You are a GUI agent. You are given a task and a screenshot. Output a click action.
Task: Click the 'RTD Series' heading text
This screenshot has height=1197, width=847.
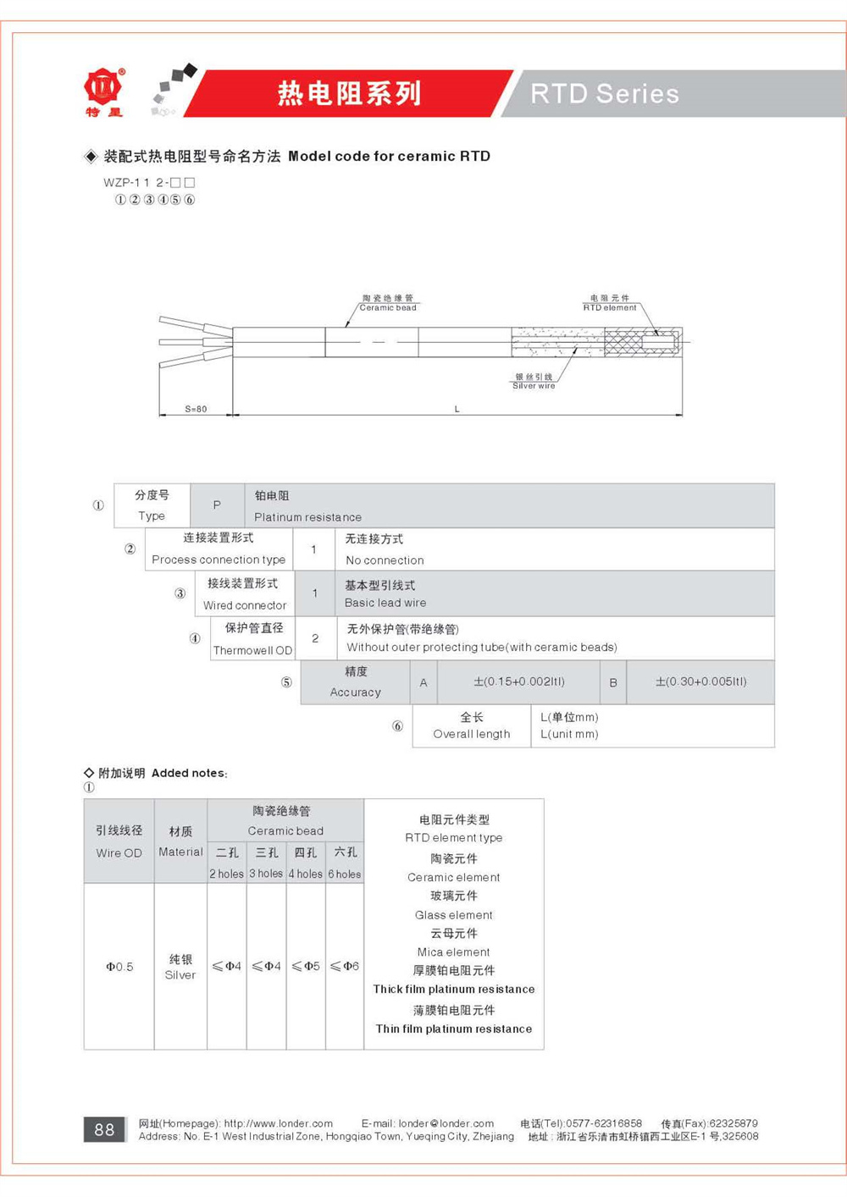point(605,93)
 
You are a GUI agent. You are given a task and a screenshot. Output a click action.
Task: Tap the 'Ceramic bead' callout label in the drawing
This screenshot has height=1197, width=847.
point(388,308)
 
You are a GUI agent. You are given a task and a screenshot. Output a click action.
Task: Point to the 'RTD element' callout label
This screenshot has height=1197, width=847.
point(610,308)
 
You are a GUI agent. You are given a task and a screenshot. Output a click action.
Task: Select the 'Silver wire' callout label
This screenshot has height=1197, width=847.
point(534,386)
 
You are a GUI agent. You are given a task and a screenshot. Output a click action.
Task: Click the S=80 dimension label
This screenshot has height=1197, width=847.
point(196,409)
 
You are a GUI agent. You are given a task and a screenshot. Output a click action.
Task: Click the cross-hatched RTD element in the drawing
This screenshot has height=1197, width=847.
point(623,343)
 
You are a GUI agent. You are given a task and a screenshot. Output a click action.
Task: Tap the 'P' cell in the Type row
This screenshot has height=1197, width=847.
point(217,505)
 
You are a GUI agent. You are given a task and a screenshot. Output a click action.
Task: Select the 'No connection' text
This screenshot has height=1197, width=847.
point(385,560)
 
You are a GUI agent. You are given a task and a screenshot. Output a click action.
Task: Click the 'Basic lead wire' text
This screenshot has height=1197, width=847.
point(385,603)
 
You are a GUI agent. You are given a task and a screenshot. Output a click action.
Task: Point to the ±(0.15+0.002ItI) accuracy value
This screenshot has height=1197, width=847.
point(518,681)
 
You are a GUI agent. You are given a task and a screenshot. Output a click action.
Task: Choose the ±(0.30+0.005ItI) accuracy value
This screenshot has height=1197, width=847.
point(700,681)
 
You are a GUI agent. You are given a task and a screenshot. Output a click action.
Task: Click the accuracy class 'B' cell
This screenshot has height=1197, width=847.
point(612,682)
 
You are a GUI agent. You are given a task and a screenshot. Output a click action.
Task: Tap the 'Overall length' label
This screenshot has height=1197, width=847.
point(471,734)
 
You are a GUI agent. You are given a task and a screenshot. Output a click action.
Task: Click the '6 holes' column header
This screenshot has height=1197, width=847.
point(345,874)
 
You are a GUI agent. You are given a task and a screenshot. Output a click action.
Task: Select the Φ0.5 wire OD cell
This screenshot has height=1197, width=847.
point(119,966)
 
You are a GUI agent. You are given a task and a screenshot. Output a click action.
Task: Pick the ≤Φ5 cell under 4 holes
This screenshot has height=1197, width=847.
point(305,966)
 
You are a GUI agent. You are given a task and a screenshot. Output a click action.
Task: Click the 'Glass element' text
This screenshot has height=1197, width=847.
point(453,915)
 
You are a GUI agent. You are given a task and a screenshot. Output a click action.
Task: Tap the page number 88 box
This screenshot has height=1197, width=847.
point(104,1129)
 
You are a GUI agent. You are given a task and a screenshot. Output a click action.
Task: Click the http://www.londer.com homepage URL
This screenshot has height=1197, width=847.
point(278,1123)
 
